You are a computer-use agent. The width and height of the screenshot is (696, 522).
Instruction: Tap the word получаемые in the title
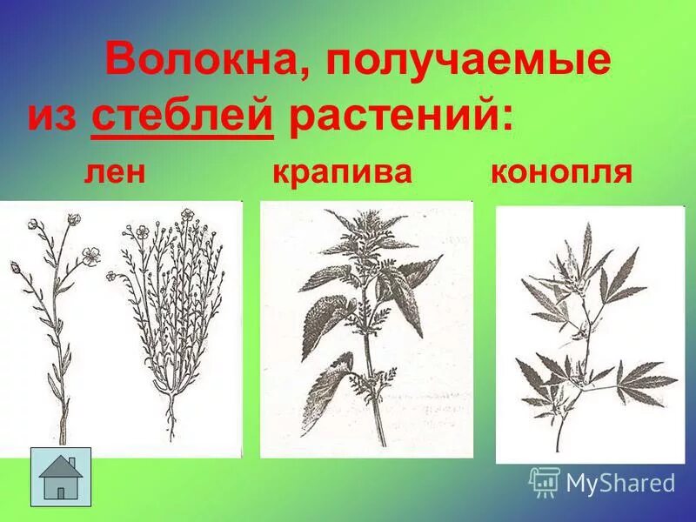click(x=469, y=64)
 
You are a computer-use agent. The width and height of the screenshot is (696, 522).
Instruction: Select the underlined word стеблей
click(x=183, y=117)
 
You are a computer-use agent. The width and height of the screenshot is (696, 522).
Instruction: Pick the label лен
click(x=114, y=171)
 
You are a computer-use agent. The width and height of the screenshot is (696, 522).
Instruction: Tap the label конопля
click(x=561, y=171)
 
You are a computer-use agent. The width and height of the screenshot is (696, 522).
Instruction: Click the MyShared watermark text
click(x=620, y=482)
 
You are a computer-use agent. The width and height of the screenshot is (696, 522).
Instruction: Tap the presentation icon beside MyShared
click(x=544, y=481)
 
